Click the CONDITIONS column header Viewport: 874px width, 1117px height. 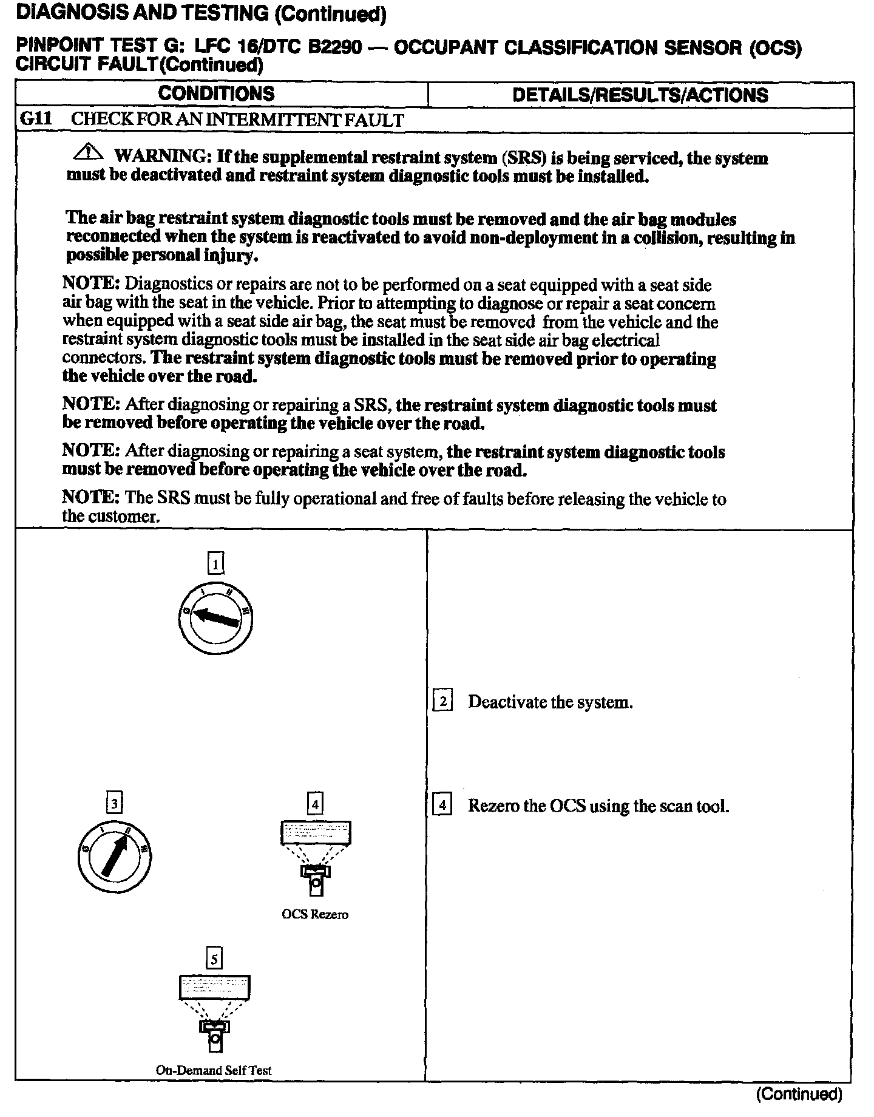click(x=216, y=94)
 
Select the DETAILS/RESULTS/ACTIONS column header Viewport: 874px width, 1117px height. click(x=640, y=95)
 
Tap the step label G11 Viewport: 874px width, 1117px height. click(x=36, y=119)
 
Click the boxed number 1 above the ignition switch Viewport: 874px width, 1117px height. click(x=216, y=564)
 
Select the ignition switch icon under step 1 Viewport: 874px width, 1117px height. click(x=215, y=620)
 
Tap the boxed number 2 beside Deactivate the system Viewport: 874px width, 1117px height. click(x=442, y=702)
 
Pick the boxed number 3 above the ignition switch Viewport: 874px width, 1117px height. click(x=114, y=803)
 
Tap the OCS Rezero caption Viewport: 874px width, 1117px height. click(x=315, y=914)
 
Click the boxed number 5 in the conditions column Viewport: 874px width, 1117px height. click(x=214, y=959)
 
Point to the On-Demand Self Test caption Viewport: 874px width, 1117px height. click(x=214, y=1070)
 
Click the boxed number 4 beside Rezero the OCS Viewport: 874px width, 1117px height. click(x=442, y=806)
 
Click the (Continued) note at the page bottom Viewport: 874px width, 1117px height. click(x=799, y=1094)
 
